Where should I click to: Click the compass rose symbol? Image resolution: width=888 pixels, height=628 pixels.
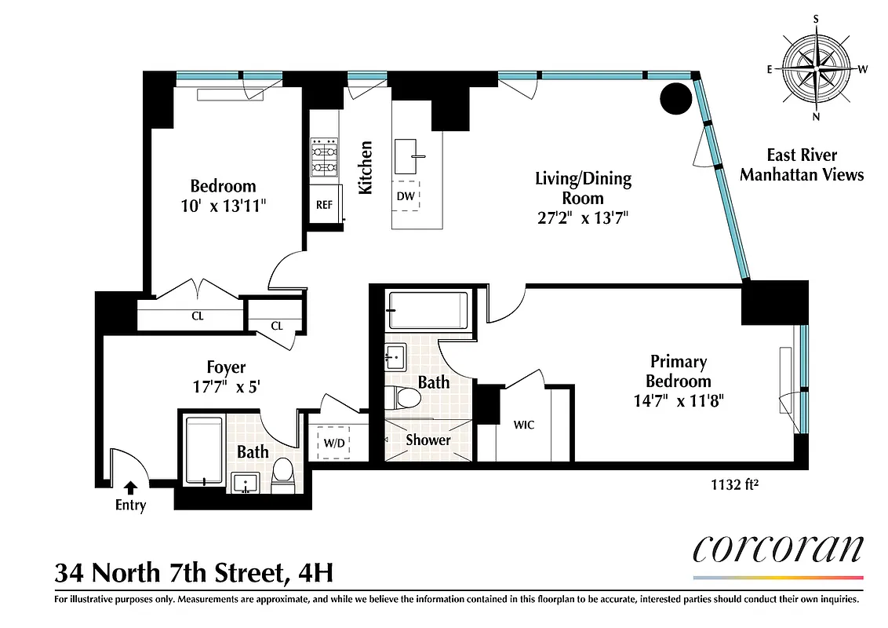coord(817,70)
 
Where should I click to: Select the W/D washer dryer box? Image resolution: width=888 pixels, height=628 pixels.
coord(333,442)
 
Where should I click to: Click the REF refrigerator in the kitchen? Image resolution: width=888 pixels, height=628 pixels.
coord(325,204)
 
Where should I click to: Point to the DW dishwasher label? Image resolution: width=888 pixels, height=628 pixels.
coord(406,196)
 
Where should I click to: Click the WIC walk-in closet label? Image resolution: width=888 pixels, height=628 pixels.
coord(524,425)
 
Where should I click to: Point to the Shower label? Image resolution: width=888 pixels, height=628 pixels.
coord(428,440)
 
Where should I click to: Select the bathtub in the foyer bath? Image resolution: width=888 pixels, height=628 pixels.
coord(205,453)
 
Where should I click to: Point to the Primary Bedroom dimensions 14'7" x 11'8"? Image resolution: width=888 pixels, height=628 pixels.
coord(679,399)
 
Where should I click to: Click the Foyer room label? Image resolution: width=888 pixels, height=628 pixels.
coord(226,367)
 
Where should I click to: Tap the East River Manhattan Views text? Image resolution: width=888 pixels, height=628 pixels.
coord(801,165)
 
